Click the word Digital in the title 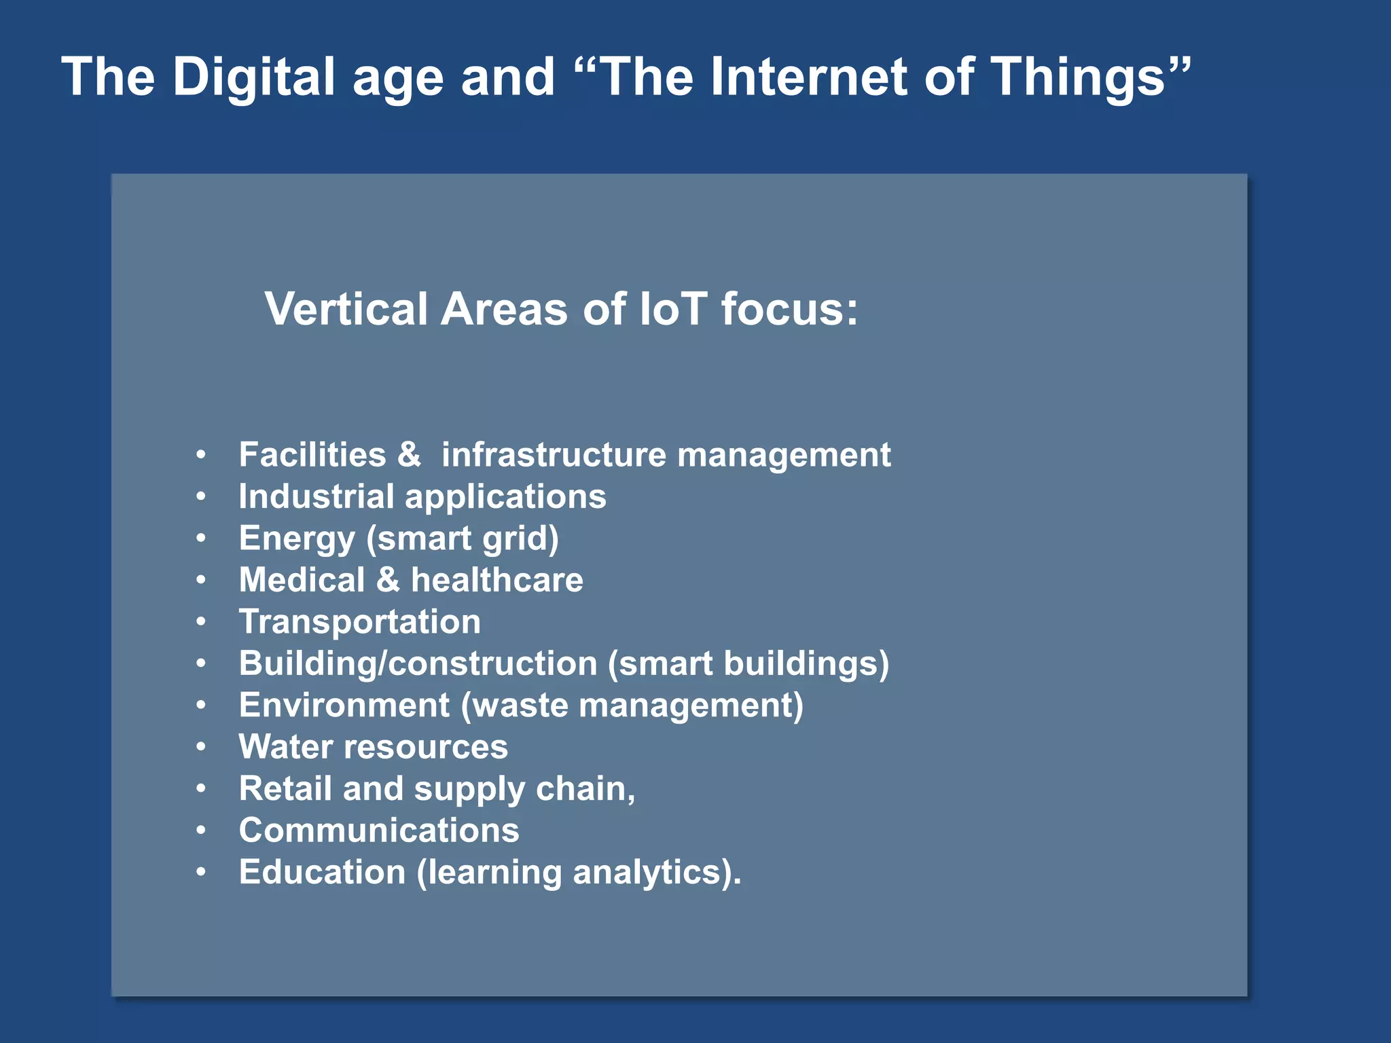click(253, 77)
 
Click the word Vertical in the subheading click(346, 309)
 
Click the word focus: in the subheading click(789, 309)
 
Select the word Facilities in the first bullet click(312, 454)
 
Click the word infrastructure click(554, 454)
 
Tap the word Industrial click(317, 496)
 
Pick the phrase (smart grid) click(463, 538)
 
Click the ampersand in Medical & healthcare click(388, 580)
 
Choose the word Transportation click(360, 622)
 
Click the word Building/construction click(418, 663)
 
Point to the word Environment click(344, 705)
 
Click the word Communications click(379, 830)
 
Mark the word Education click(322, 872)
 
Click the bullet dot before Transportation click(201, 622)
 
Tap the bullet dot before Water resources click(201, 747)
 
